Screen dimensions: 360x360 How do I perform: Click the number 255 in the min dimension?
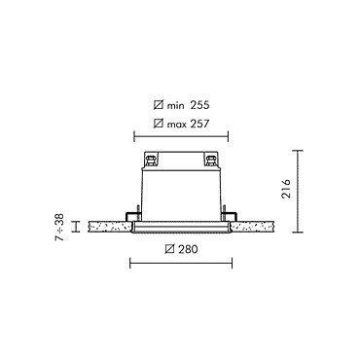[199, 105]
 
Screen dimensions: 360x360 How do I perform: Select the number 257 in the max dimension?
[199, 124]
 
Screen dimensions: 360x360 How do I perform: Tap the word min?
[175, 106]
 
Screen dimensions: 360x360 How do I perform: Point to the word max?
[176, 125]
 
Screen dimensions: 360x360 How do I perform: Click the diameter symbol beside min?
[159, 105]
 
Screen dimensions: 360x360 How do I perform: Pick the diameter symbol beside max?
[159, 124]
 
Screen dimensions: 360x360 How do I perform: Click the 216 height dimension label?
[286, 189]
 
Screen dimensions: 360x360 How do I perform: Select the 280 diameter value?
[188, 249]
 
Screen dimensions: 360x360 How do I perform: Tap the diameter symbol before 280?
[169, 249]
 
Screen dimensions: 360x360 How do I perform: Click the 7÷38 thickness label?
[59, 227]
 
